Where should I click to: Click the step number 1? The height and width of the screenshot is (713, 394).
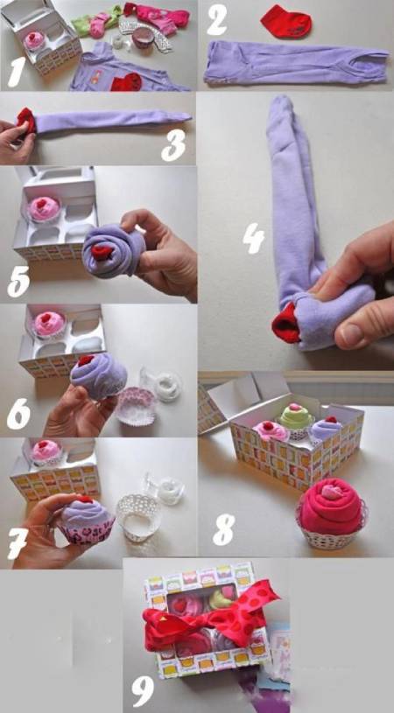click(17, 72)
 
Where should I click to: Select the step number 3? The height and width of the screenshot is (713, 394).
click(173, 145)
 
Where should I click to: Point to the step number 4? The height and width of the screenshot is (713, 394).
click(253, 239)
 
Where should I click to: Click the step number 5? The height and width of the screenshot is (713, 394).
click(18, 283)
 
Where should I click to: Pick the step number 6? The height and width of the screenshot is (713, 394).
click(18, 415)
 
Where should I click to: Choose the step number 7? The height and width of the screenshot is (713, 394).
click(18, 544)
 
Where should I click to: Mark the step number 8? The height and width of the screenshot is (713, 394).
click(224, 530)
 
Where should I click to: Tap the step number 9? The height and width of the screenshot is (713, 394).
click(144, 691)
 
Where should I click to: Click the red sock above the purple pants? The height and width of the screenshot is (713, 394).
click(286, 21)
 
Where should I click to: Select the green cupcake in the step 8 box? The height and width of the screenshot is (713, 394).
click(296, 417)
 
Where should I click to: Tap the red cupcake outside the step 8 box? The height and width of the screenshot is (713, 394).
click(331, 512)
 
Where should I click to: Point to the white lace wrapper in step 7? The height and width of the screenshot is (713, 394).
click(137, 516)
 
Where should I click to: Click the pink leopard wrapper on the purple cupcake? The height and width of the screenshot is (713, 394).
click(87, 530)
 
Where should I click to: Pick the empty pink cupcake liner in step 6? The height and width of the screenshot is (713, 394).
click(135, 406)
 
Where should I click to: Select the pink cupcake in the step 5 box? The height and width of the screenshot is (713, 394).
click(43, 209)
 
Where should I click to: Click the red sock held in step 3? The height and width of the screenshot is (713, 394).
click(26, 122)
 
